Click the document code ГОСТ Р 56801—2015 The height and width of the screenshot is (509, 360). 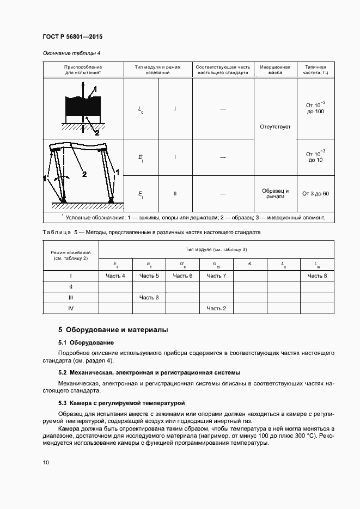tap(72, 36)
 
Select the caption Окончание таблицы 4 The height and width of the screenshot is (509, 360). tap(71, 53)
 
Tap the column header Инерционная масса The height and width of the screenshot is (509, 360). tap(275, 69)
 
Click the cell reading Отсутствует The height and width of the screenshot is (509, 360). tap(275, 126)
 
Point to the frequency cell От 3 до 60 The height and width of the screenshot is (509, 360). tap(315, 194)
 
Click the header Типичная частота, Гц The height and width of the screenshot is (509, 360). tap(315, 69)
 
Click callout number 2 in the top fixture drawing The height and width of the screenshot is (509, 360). tap(97, 132)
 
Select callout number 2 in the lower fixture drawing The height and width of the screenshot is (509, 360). tap(84, 174)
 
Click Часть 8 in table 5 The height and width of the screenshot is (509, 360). tap(317, 276)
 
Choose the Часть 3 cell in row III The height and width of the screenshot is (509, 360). tap(149, 297)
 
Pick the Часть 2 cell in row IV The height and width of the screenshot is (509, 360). tap(216, 309)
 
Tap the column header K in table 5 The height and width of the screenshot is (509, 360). tap(250, 264)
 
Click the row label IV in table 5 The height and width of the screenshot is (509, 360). tap(71, 309)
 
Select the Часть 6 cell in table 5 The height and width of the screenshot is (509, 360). tap(182, 276)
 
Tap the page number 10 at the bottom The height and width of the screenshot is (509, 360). tap(46, 462)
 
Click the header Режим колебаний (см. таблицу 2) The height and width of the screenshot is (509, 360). tap(71, 256)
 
